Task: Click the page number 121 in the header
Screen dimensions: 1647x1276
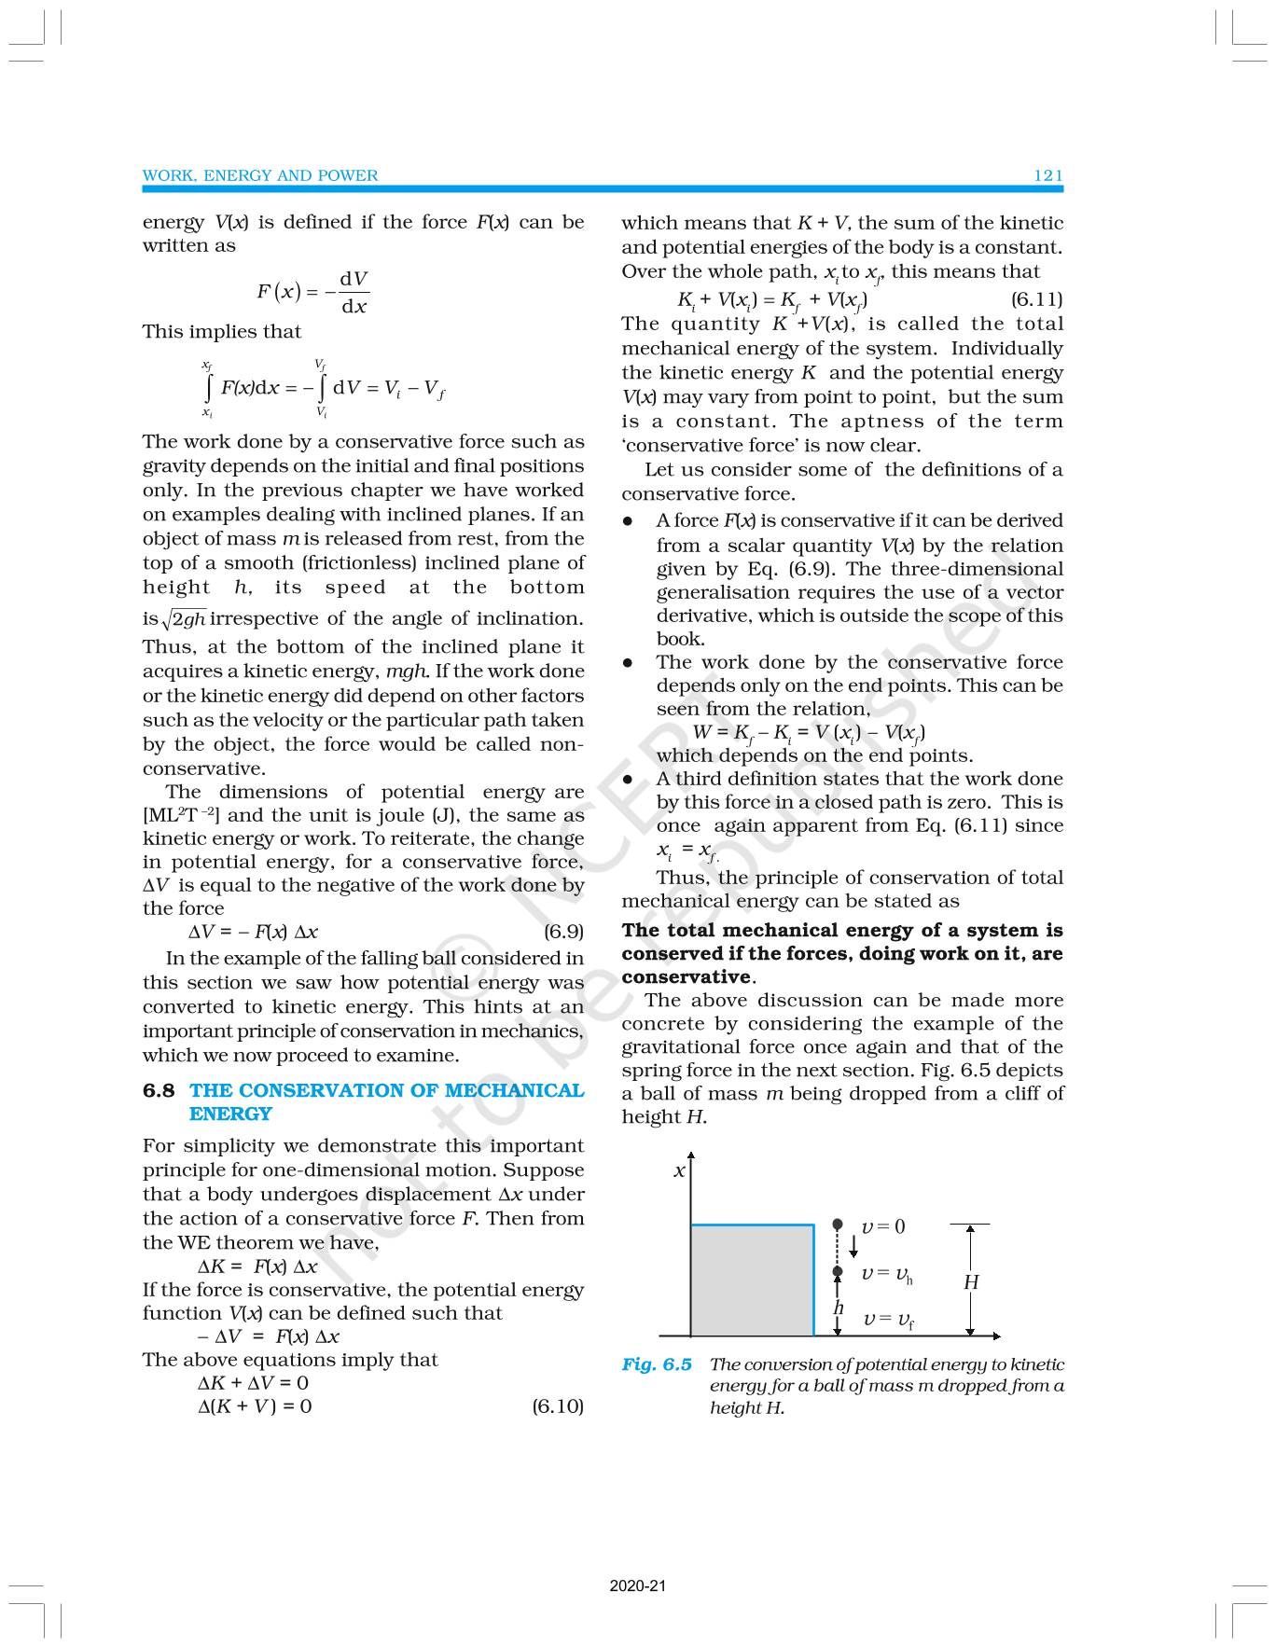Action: click(x=1047, y=175)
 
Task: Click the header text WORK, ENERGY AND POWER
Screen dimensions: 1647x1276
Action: click(x=260, y=175)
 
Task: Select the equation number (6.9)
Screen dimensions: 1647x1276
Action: click(x=563, y=931)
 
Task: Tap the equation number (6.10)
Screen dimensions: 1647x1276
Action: click(x=557, y=1405)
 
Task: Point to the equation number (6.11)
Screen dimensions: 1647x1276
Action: click(x=1036, y=299)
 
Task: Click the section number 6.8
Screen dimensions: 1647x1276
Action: click(x=159, y=1090)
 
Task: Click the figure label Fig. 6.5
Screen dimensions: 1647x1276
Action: click(x=657, y=1364)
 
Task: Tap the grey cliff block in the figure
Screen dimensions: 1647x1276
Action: click(x=752, y=1280)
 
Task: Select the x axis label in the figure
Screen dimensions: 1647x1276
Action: click(x=679, y=1170)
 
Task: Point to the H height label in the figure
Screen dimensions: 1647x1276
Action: click(x=971, y=1282)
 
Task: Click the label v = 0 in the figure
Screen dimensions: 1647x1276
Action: click(x=882, y=1226)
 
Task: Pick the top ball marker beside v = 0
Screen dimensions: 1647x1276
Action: click(x=838, y=1224)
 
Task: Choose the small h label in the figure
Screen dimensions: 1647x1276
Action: click(x=839, y=1308)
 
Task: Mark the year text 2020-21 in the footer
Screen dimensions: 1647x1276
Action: click(x=638, y=1585)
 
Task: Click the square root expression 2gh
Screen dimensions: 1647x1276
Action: click(x=185, y=619)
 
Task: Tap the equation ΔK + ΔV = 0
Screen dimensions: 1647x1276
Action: click(x=253, y=1382)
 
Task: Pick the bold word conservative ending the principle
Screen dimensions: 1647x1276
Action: click(x=687, y=976)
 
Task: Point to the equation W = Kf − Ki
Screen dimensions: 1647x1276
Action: click(x=809, y=732)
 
